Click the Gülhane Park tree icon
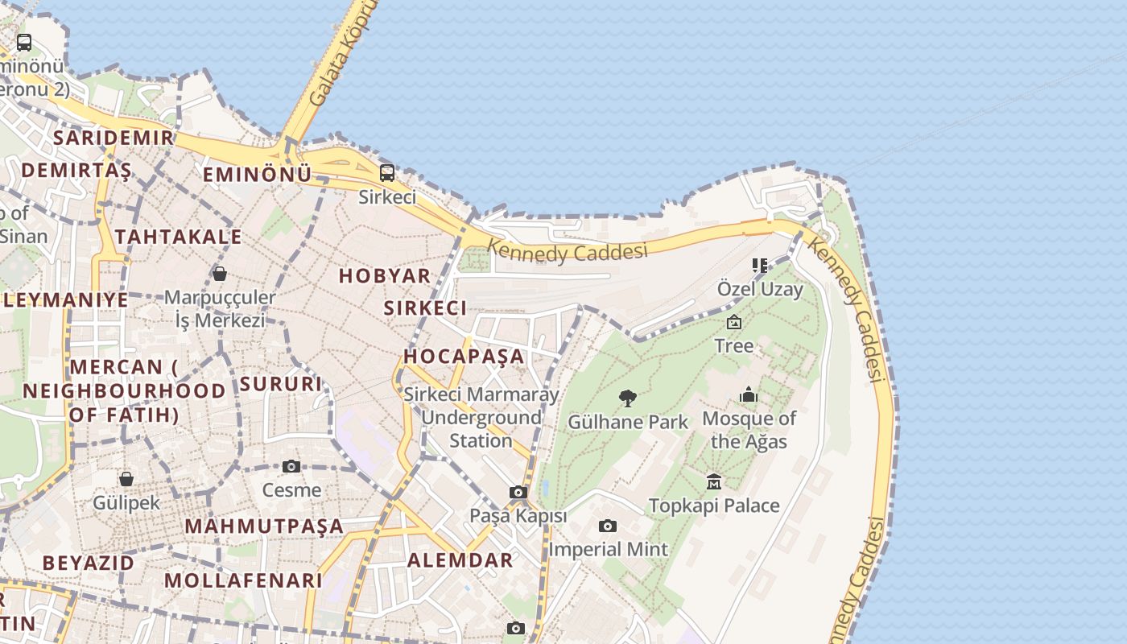(x=628, y=398)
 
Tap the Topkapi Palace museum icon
(x=714, y=481)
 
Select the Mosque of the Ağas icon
(x=749, y=394)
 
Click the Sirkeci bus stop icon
(x=387, y=173)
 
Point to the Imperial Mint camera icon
(x=608, y=526)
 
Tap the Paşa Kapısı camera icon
(x=518, y=493)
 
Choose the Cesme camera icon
(x=291, y=467)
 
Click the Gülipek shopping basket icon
(x=126, y=480)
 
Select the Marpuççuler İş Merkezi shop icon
(x=219, y=275)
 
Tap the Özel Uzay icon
(x=759, y=266)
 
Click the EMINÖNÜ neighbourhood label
(x=257, y=175)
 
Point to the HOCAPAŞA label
(x=464, y=356)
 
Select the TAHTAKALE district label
(x=178, y=237)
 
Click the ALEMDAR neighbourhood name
(x=460, y=560)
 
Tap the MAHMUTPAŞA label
(x=264, y=526)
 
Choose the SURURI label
(x=281, y=384)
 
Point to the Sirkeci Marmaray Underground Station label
(x=481, y=418)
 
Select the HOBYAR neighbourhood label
(x=385, y=275)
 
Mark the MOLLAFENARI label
(x=243, y=580)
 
